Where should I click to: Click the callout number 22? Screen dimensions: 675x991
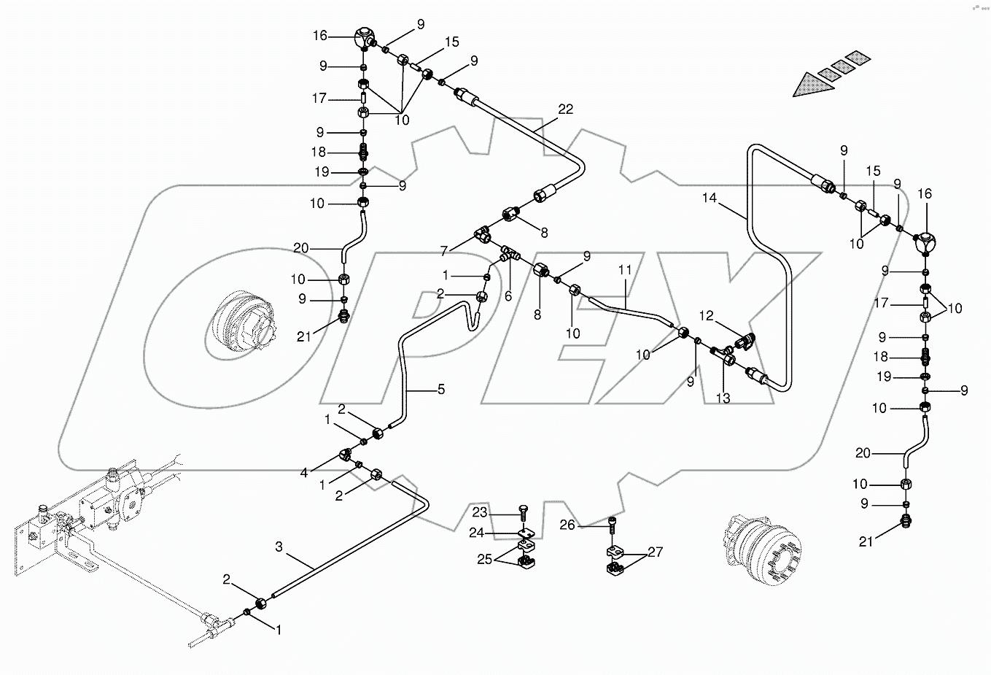(566, 109)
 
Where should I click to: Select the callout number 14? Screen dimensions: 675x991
(711, 197)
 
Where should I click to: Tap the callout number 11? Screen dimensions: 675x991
(625, 270)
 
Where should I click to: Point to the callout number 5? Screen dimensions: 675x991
(440, 389)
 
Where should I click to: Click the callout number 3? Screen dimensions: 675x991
(280, 547)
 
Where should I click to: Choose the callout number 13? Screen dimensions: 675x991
(723, 398)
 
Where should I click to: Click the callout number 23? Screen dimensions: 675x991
(478, 512)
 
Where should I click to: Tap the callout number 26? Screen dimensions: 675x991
(568, 524)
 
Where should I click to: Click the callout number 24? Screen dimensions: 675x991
(476, 533)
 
